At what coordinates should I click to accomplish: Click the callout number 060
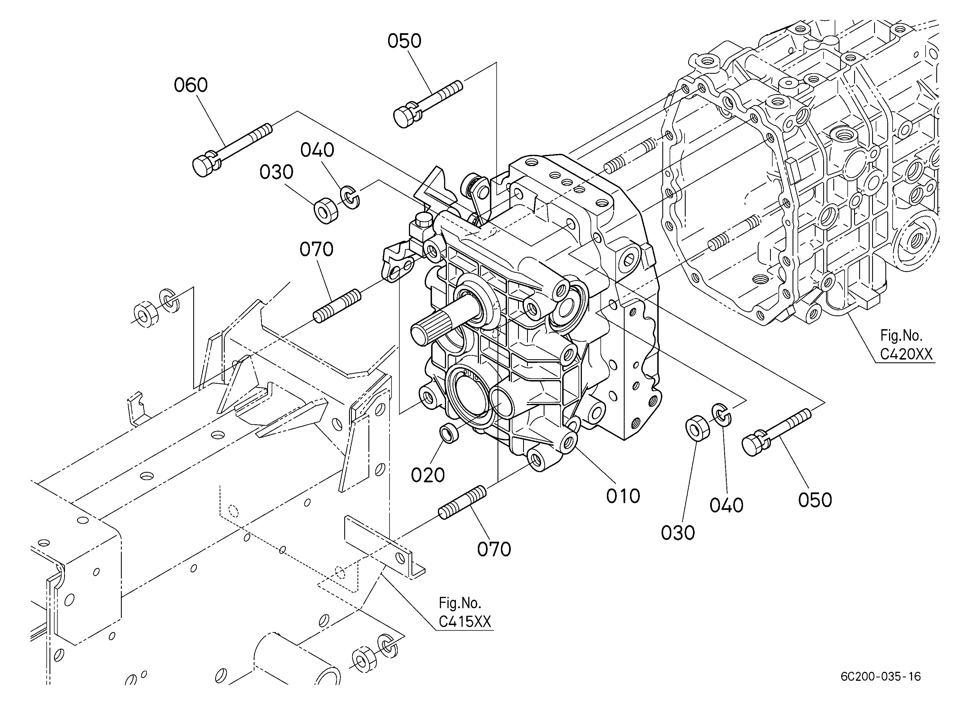(x=191, y=85)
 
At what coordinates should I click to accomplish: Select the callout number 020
(x=428, y=475)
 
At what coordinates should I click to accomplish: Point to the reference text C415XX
(x=465, y=622)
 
